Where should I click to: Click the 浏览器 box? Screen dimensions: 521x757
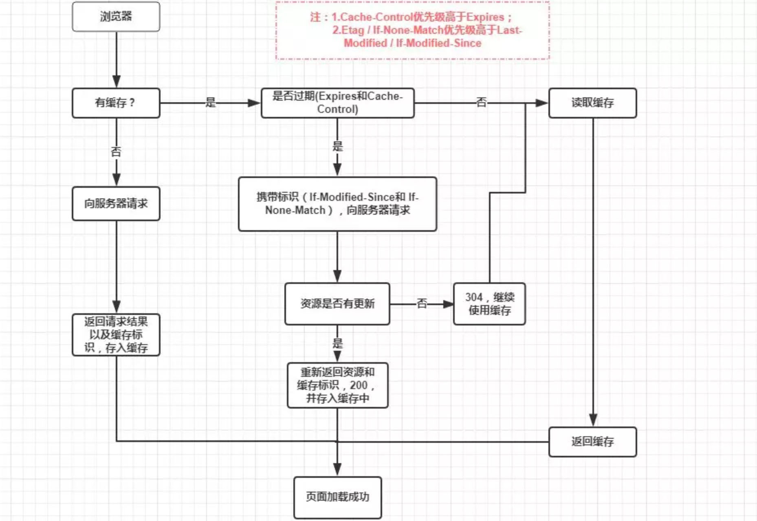tap(116, 17)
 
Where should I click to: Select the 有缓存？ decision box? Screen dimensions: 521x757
tap(116, 103)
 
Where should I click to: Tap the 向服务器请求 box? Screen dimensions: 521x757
tap(116, 204)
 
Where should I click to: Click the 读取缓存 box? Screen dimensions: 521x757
tap(592, 103)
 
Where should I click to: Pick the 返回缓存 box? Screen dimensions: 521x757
tap(592, 442)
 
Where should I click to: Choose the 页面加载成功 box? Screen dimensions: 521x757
tap(337, 497)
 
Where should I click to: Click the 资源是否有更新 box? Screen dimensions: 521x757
tap(337, 304)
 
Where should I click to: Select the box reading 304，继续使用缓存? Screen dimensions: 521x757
tap(489, 304)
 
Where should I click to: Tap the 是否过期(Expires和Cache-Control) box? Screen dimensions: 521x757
tap(337, 103)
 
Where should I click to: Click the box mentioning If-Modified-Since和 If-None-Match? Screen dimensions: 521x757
tap(337, 204)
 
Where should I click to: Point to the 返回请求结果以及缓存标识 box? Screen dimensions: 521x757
tap(116, 335)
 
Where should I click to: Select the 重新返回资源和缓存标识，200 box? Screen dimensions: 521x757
tap(337, 385)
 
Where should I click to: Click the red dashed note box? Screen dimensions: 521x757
tap(412, 31)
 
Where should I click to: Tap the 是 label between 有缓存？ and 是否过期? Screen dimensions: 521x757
tap(210, 102)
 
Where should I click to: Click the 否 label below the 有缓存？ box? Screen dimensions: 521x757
tap(116, 152)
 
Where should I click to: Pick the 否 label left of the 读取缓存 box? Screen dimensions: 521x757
tap(482, 102)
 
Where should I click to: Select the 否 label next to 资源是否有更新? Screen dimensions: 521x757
tap(422, 303)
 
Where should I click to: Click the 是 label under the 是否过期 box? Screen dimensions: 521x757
tap(337, 146)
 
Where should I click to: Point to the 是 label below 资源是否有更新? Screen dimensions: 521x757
tap(337, 343)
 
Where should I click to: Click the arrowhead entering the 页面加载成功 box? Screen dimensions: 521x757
tap(337, 470)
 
